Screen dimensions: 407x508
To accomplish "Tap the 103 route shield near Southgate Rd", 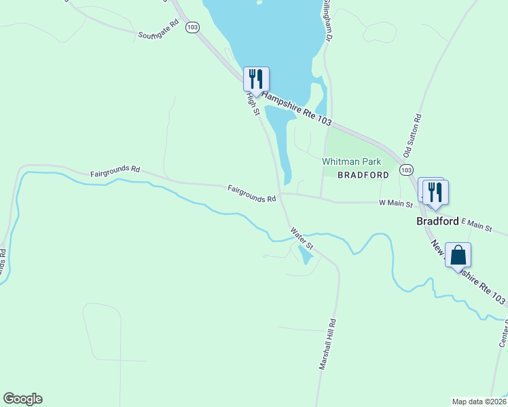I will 193,27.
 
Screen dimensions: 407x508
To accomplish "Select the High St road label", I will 253,103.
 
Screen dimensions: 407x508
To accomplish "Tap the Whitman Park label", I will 351,161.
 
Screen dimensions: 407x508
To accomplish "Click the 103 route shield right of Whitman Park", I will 406,169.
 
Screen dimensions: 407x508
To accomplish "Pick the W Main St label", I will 395,203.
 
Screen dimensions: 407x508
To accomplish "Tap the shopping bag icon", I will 458,256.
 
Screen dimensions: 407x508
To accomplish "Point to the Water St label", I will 302,238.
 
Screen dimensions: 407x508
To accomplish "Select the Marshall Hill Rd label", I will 327,344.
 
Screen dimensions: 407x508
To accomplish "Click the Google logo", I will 22,399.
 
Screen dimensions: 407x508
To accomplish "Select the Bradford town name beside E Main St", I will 437,221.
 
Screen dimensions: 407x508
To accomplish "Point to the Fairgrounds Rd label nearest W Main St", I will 252,193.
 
